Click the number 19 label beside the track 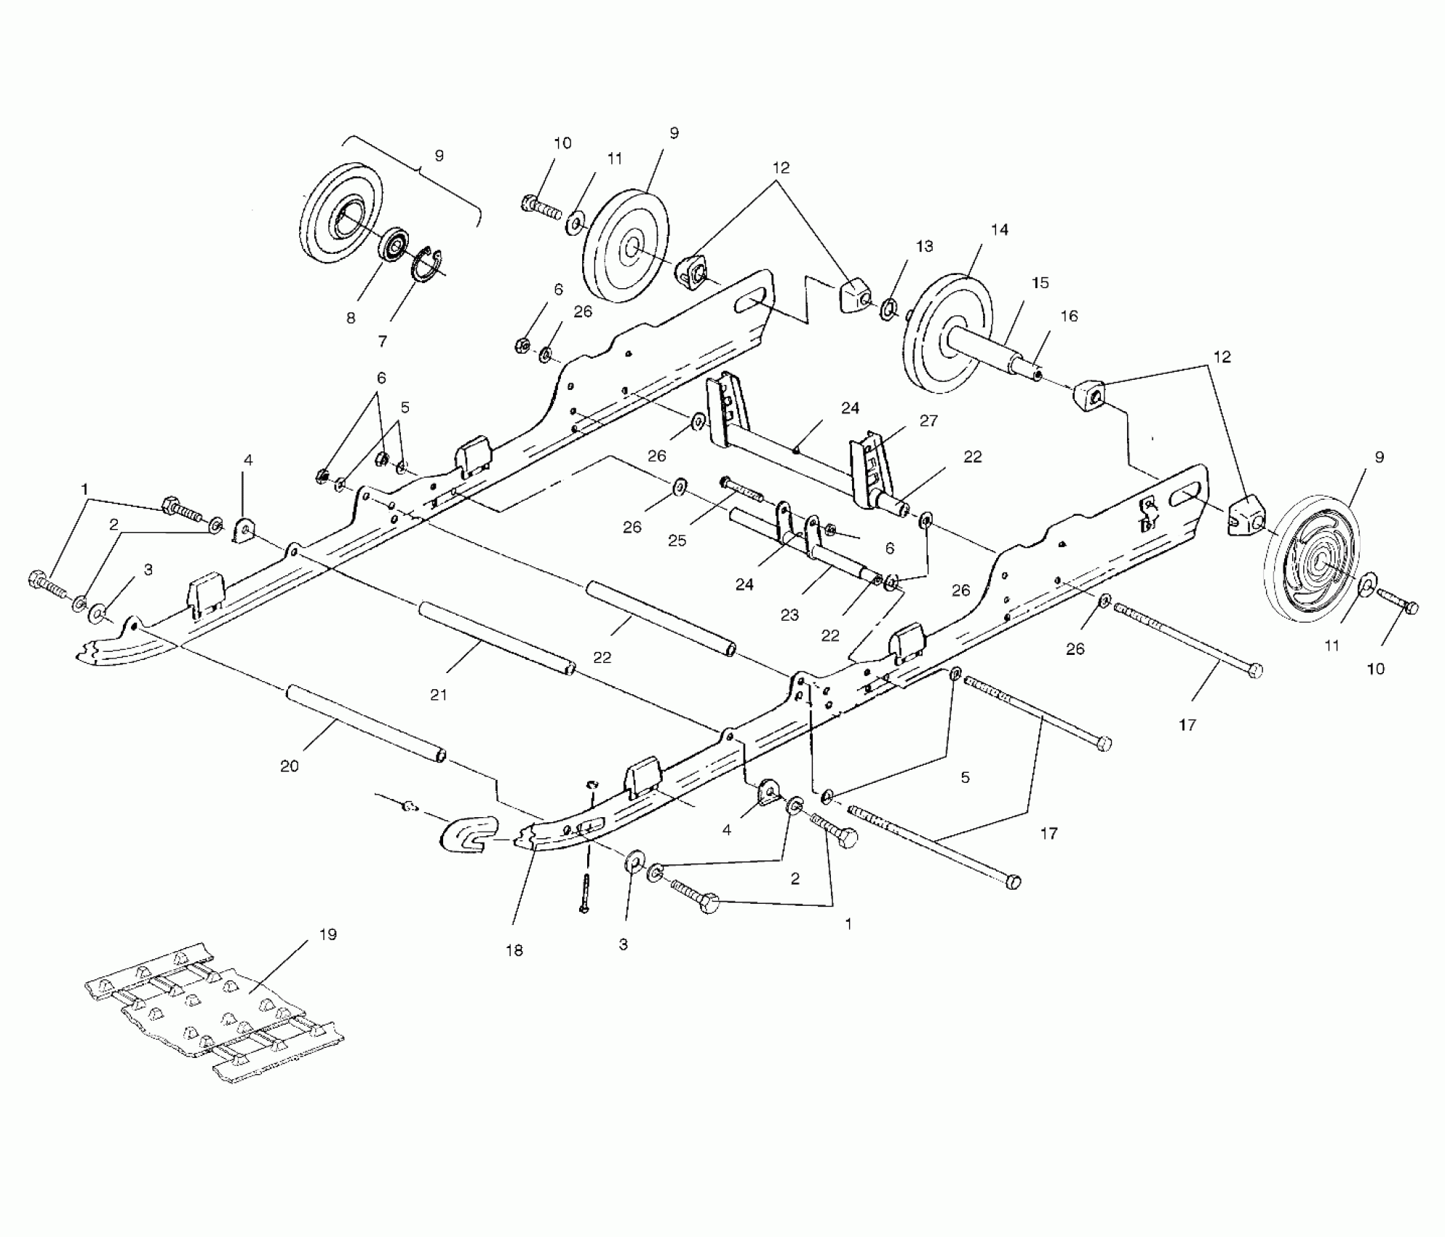point(327,934)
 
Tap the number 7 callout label point(383,341)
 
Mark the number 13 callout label point(924,247)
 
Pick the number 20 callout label point(290,766)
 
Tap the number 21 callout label point(438,695)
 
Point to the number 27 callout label point(928,421)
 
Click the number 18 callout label point(514,950)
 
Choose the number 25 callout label point(677,541)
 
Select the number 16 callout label point(1068,316)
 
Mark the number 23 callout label point(789,615)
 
